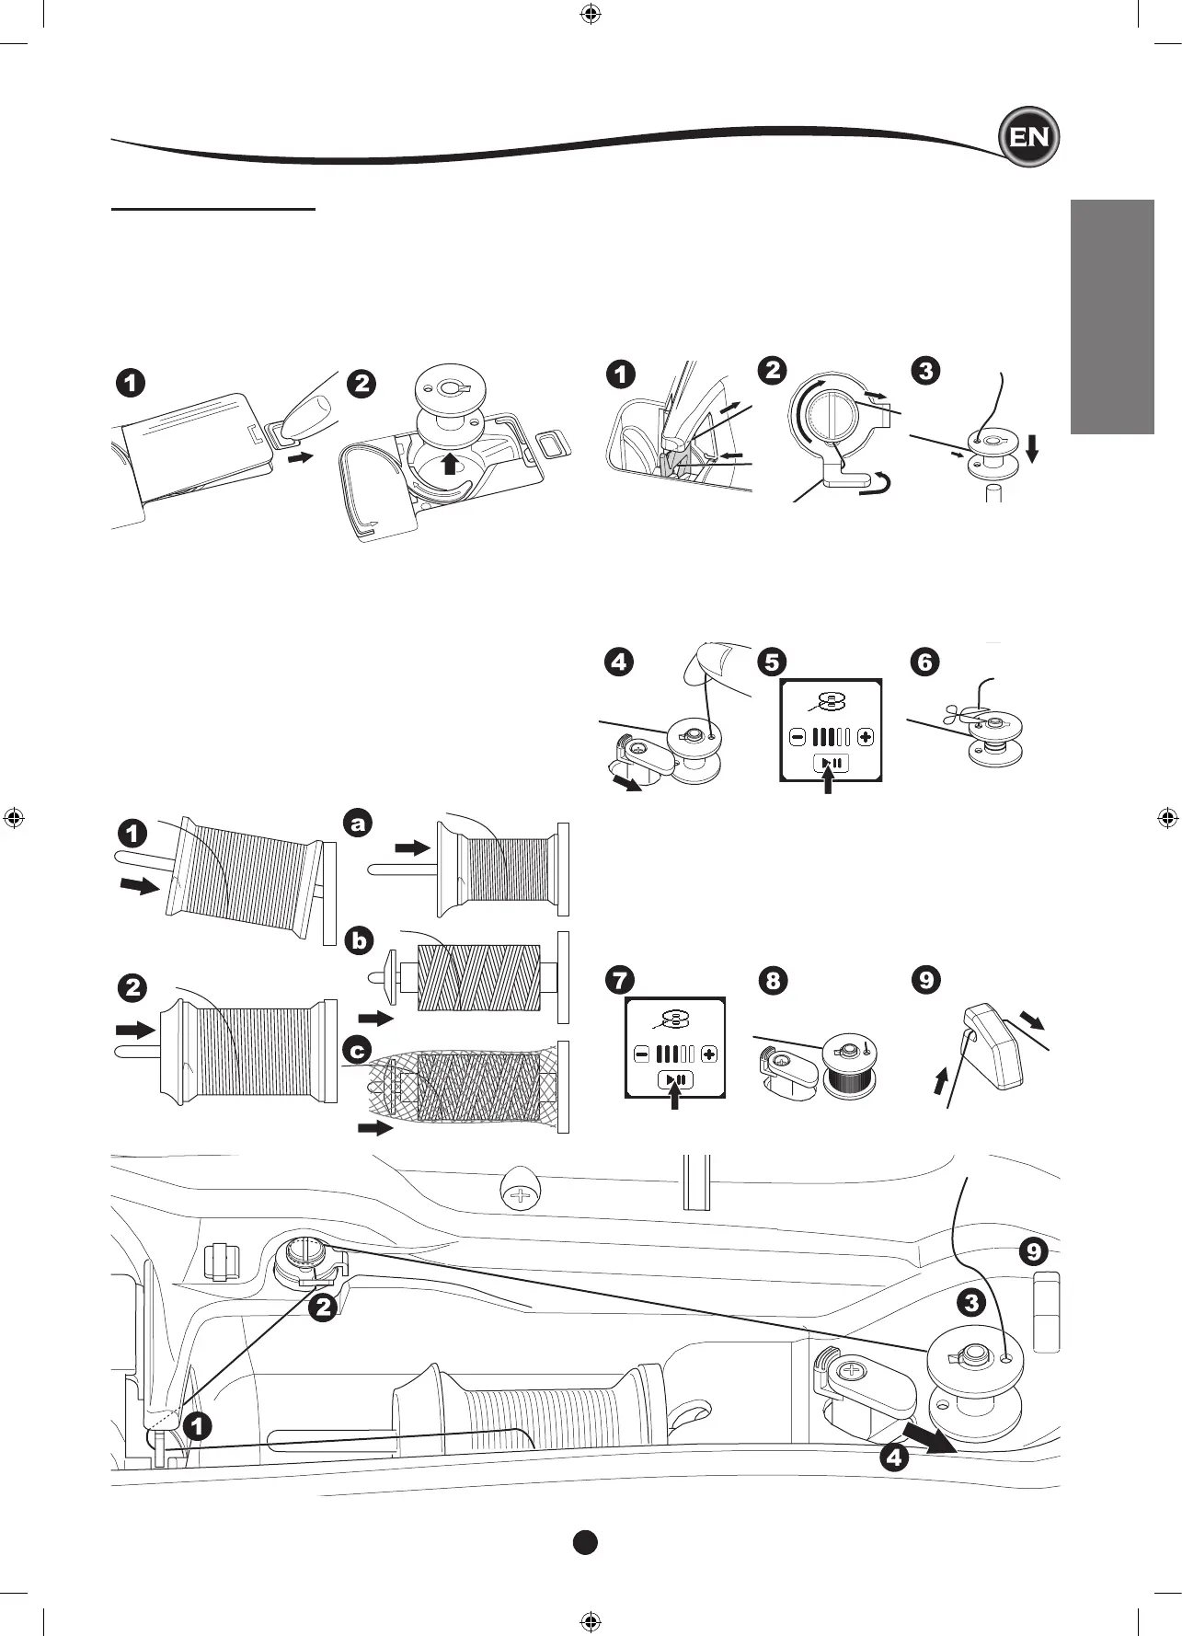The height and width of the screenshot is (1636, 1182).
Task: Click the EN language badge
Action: pyautogui.click(x=1029, y=138)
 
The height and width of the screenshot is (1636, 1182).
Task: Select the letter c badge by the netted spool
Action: pyautogui.click(x=358, y=1050)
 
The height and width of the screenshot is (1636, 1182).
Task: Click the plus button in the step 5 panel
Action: pyautogui.click(x=865, y=737)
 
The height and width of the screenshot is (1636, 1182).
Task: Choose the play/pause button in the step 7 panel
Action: pyautogui.click(x=676, y=1079)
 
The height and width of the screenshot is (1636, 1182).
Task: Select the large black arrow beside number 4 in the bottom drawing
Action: pyautogui.click(x=928, y=1437)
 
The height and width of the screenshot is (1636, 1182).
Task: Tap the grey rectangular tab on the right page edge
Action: pyautogui.click(x=1112, y=317)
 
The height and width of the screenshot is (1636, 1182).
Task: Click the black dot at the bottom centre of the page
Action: pyautogui.click(x=585, y=1542)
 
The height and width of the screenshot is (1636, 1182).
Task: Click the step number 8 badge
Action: pyautogui.click(x=773, y=980)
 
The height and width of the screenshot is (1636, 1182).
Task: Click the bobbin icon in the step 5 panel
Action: pyautogui.click(x=831, y=703)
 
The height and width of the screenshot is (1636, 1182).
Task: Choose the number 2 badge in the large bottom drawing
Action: pyautogui.click(x=322, y=1306)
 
